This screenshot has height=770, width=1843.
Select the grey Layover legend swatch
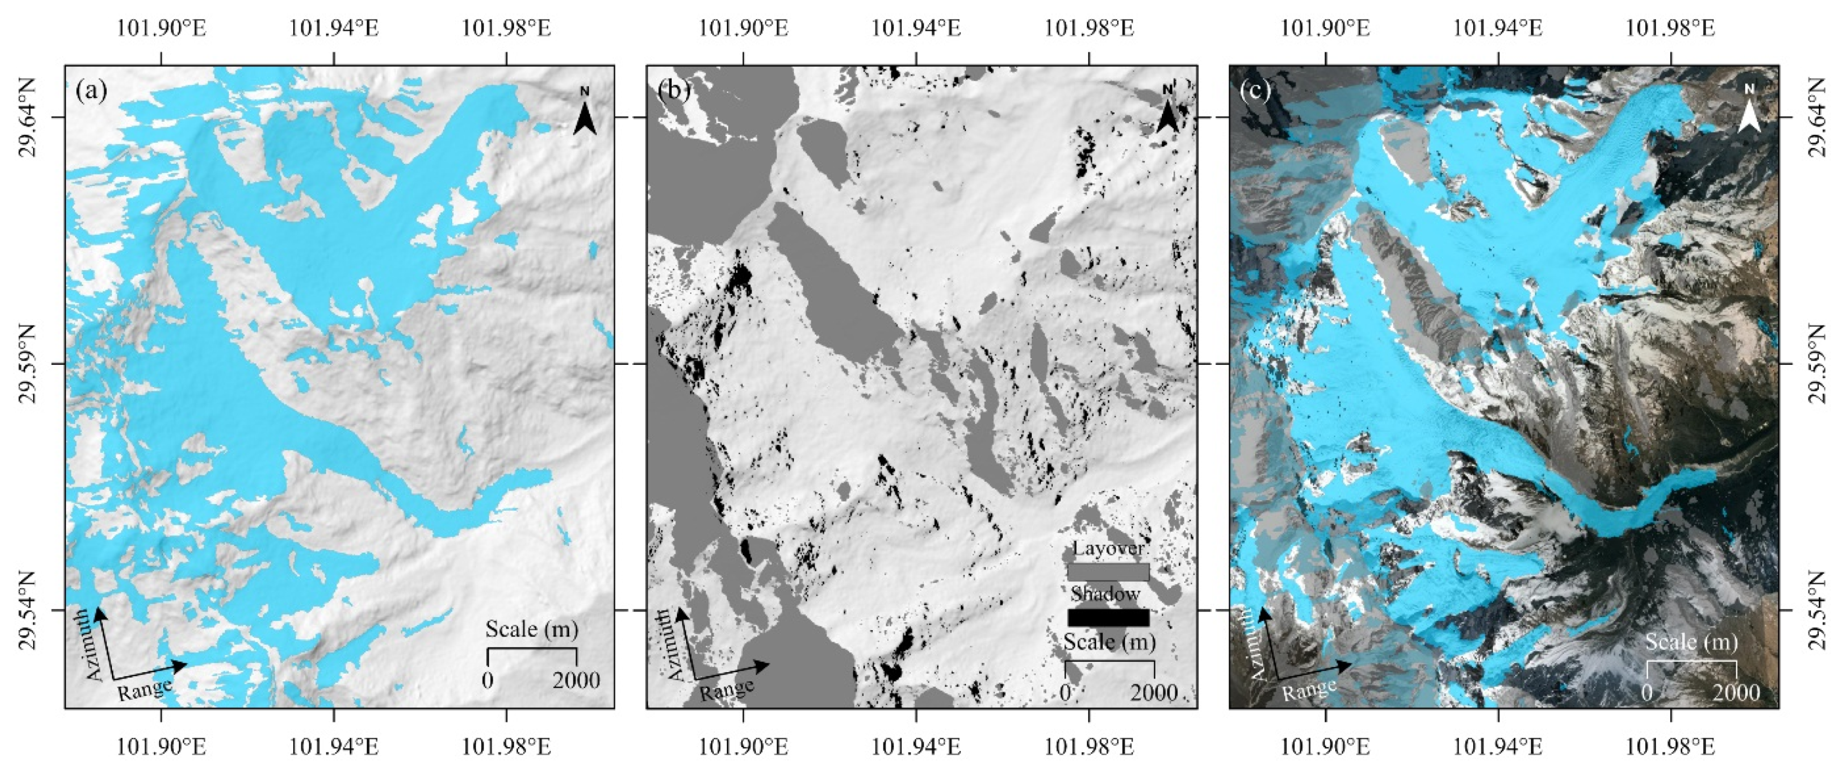(1108, 572)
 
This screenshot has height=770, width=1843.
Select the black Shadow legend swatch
(1108, 617)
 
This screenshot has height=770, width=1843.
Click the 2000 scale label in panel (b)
(1154, 693)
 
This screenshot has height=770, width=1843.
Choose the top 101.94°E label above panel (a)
(334, 28)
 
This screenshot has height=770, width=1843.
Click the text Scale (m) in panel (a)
(531, 629)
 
